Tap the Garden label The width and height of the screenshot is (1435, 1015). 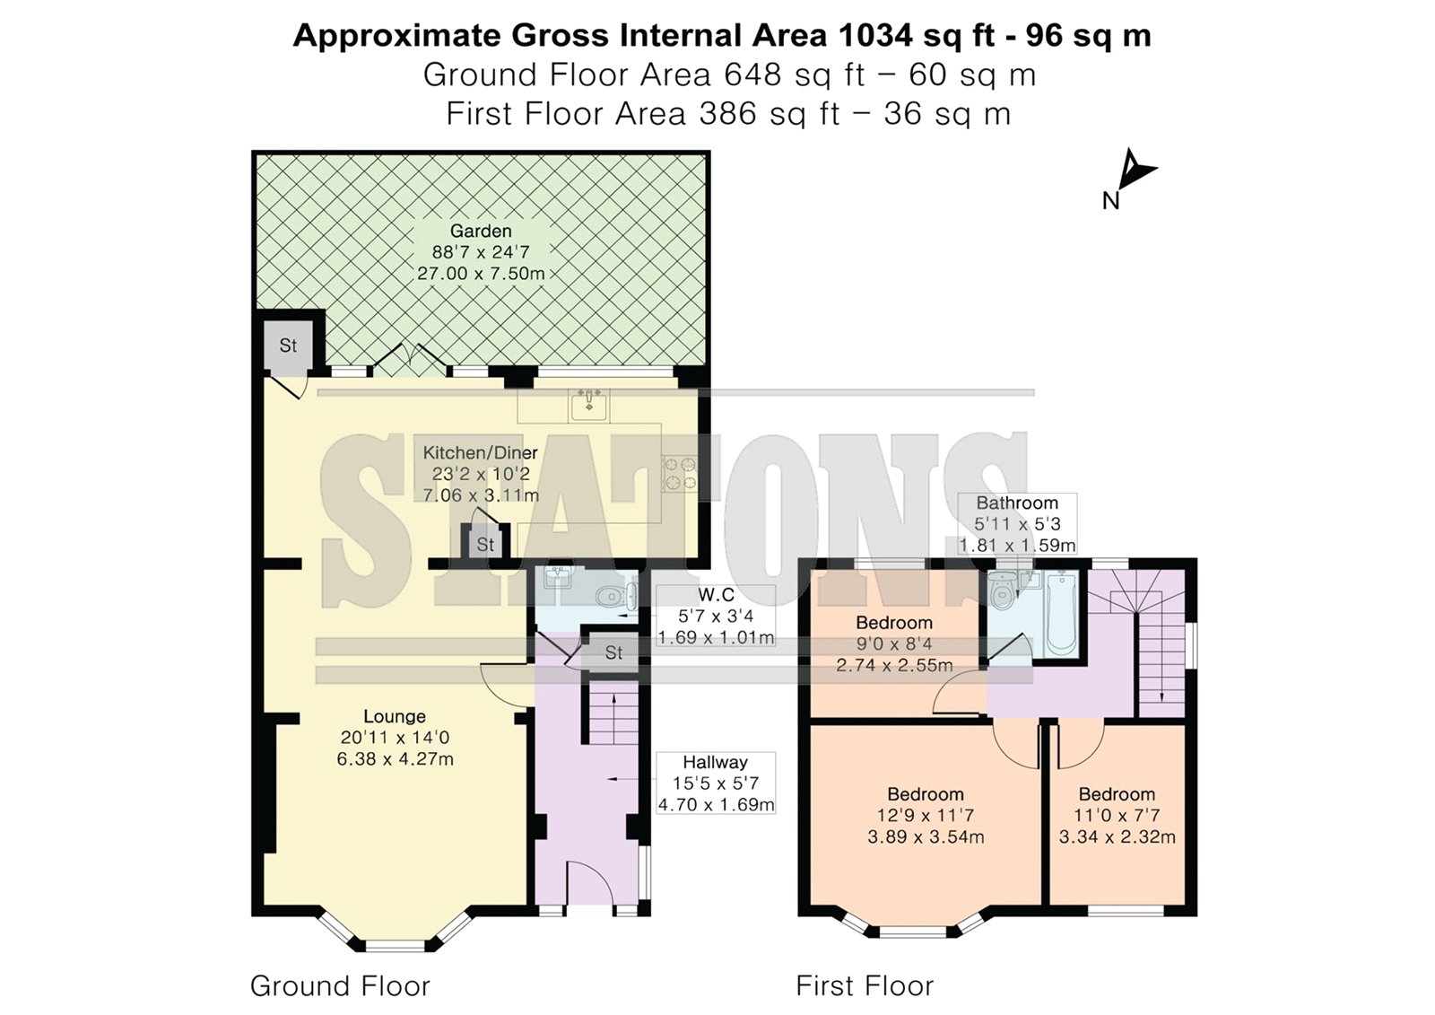(x=481, y=231)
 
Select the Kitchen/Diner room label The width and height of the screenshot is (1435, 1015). (x=480, y=452)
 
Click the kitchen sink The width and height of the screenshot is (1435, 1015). (x=588, y=405)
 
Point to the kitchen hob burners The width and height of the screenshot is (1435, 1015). (x=680, y=473)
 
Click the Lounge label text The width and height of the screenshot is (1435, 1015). (x=395, y=716)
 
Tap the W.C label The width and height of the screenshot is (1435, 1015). (x=716, y=594)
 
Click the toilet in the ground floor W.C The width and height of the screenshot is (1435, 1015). (x=616, y=596)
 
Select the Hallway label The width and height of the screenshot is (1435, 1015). (x=715, y=762)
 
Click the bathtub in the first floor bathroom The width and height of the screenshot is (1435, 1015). (x=1062, y=614)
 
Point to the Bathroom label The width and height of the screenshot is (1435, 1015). (x=1017, y=503)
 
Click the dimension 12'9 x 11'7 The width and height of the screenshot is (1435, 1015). (x=925, y=816)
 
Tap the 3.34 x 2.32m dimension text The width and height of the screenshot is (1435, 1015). (x=1117, y=836)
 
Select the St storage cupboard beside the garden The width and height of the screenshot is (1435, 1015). (x=288, y=346)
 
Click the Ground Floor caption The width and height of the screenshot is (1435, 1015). (x=340, y=985)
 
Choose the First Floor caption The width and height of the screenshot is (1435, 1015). (x=865, y=985)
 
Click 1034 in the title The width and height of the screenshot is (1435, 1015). (x=875, y=35)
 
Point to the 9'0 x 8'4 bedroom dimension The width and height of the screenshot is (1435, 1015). (x=893, y=643)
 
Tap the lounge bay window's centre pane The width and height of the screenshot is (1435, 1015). (x=396, y=944)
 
